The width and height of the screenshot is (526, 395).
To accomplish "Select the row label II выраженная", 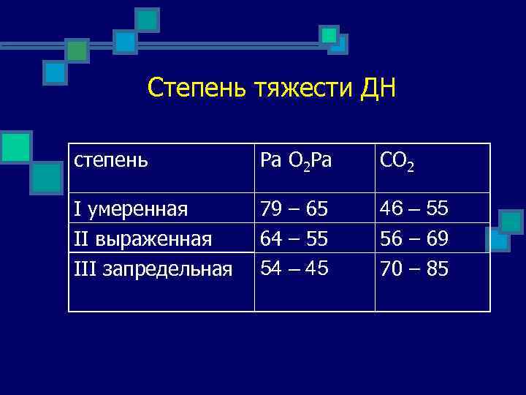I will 143,239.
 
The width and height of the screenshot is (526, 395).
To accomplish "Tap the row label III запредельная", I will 153,268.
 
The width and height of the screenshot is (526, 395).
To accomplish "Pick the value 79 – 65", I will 294,210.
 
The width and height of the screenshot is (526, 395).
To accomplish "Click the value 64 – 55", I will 294,239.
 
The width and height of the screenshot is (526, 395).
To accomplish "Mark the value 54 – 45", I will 294,268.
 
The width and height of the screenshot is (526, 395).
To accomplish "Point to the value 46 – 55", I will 415,210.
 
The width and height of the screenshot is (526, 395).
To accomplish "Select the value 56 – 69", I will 415,239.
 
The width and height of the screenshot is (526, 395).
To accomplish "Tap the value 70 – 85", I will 415,268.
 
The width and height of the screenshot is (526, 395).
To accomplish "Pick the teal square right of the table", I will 511,221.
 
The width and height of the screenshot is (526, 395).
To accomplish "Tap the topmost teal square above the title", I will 148,19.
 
